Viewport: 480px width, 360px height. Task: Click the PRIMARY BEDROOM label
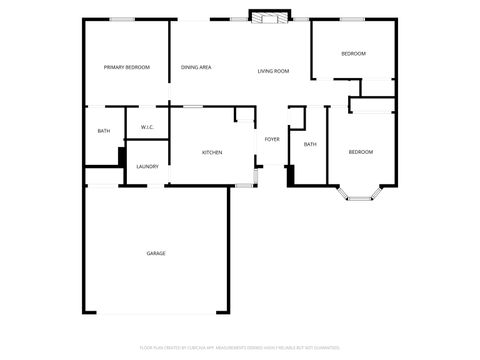[127, 67]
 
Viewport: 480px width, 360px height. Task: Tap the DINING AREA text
[196, 67]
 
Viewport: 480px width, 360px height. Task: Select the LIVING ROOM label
[273, 71]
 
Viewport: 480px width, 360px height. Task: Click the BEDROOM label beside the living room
[353, 53]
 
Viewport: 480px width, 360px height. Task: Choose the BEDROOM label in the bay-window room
[360, 151]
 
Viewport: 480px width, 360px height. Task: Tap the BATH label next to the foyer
[310, 144]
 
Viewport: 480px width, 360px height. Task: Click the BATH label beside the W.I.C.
[103, 131]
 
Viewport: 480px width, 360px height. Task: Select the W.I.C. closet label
[147, 127]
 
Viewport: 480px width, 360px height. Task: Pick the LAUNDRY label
[147, 166]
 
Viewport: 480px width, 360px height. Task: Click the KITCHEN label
[212, 152]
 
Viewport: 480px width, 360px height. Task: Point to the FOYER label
[272, 139]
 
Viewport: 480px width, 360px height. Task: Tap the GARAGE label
[156, 253]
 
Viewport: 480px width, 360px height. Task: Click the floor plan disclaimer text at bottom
[240, 348]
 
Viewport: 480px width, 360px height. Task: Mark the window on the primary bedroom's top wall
[123, 19]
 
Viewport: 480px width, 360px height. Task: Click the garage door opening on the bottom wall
[157, 314]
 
